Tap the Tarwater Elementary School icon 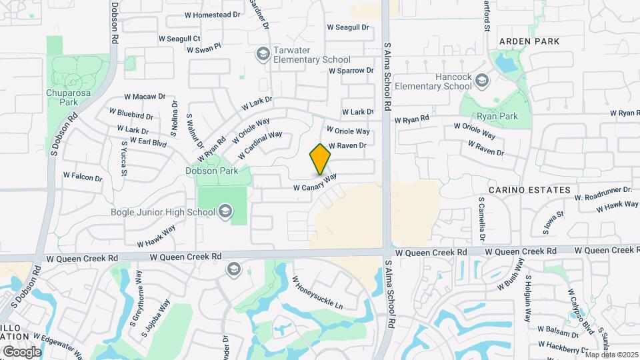pyautogui.click(x=263, y=53)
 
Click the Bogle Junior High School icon pyautogui.click(x=225, y=212)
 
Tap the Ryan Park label pyautogui.click(x=498, y=116)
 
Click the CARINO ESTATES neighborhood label pyautogui.click(x=529, y=190)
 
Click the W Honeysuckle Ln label pyautogui.click(x=317, y=294)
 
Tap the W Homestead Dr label pyautogui.click(x=212, y=15)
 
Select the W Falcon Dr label pyautogui.click(x=83, y=177)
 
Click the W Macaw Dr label pyautogui.click(x=144, y=97)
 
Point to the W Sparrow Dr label pyautogui.click(x=355, y=70)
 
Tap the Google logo pyautogui.click(x=22, y=351)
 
